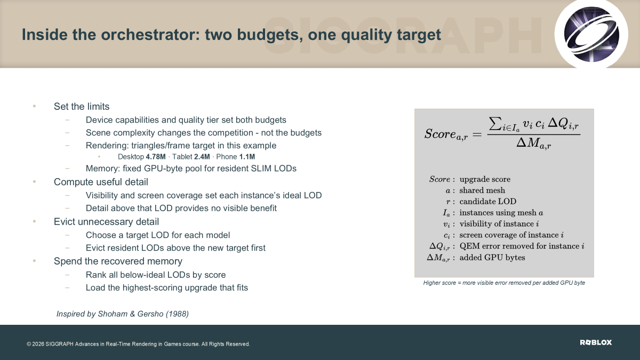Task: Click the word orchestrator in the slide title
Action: tap(150, 35)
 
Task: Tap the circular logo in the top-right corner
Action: tap(591, 34)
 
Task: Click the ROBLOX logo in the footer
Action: tap(596, 342)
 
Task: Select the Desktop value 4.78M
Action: tap(156, 157)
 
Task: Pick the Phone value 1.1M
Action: tap(247, 157)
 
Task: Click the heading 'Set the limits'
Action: tap(82, 107)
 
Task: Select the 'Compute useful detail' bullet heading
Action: tap(101, 182)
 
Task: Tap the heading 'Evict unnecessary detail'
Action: tap(106, 222)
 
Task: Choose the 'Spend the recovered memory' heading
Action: tap(118, 261)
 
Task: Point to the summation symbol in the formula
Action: tap(497, 124)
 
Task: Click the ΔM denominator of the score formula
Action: tap(534, 143)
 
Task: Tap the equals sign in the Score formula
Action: tap(477, 134)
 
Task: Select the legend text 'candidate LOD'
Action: tap(488, 202)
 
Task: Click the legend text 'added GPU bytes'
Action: tap(492, 258)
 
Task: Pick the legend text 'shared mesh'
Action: tap(482, 190)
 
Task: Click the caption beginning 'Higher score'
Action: tap(504, 283)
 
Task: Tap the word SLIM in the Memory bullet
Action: tap(261, 169)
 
